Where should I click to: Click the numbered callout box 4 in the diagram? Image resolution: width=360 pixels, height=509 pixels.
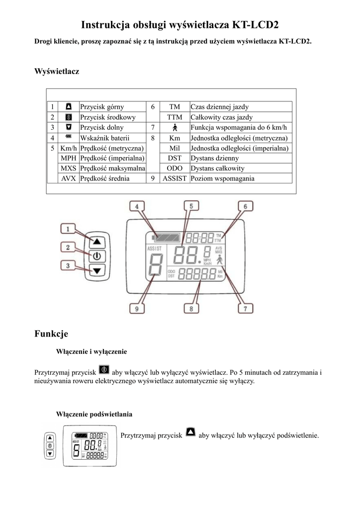click(x=137, y=206)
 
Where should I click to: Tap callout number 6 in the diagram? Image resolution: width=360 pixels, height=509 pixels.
click(x=245, y=206)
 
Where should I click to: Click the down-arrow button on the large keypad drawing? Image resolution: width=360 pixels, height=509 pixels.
click(x=97, y=270)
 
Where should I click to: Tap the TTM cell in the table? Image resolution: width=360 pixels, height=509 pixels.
click(x=174, y=117)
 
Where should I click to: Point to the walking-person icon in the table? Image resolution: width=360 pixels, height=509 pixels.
click(x=175, y=128)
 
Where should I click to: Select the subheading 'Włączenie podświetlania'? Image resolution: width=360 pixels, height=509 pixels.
click(x=94, y=414)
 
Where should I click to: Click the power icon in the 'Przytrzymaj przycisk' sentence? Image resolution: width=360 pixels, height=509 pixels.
click(x=104, y=370)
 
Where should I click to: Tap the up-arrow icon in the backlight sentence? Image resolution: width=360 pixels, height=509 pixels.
click(x=190, y=432)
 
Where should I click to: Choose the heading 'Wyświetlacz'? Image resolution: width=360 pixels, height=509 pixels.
click(x=57, y=72)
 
